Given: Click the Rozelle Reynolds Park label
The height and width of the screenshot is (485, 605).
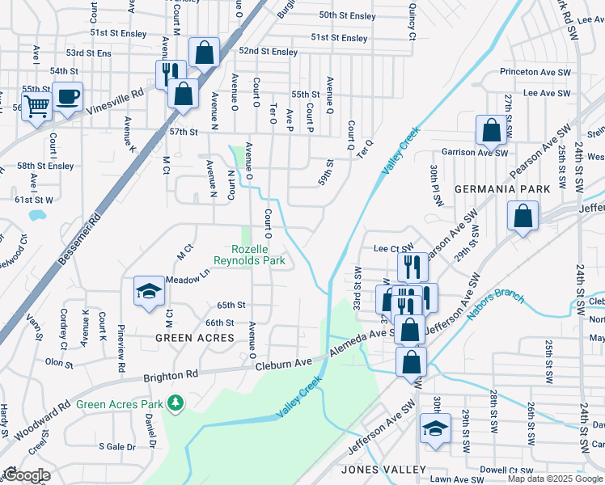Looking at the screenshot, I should pyautogui.click(x=249, y=255).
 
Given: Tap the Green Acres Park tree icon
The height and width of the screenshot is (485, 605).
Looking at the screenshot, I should pyautogui.click(x=175, y=403).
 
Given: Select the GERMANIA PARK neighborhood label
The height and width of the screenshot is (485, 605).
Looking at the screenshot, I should pyautogui.click(x=502, y=188).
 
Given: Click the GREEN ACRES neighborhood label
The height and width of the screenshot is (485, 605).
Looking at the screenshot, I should pyautogui.click(x=195, y=337).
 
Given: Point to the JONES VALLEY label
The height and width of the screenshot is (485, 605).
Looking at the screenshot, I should pyautogui.click(x=383, y=470).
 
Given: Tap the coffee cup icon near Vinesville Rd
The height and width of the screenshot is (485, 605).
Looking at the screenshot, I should pyautogui.click(x=68, y=97).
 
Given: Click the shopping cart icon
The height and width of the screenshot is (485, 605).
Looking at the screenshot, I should pyautogui.click(x=36, y=106).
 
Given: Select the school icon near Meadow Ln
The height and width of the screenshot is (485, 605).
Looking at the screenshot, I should pyautogui.click(x=149, y=291).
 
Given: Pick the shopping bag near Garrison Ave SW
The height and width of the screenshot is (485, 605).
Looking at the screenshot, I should pyautogui.click(x=491, y=129).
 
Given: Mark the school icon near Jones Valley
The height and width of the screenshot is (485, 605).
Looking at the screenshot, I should pyautogui.click(x=435, y=429).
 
